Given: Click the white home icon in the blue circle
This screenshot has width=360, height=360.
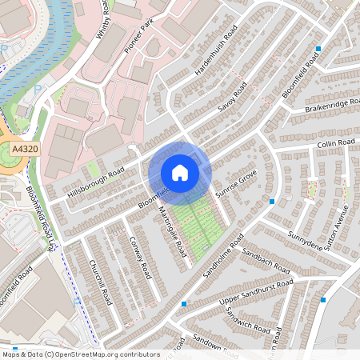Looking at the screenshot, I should [180, 172].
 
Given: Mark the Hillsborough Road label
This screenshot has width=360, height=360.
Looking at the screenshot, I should [96, 185].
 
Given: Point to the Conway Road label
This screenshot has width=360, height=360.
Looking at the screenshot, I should [140, 259].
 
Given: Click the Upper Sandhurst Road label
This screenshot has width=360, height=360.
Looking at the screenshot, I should [256, 294].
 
